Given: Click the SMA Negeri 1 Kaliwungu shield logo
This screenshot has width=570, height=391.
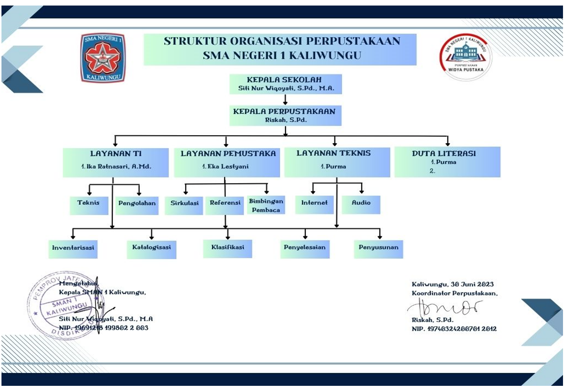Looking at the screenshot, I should click(103, 57).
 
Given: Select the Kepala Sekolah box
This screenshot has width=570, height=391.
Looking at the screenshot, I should click(286, 84).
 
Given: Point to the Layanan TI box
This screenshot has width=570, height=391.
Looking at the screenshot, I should click(116, 162).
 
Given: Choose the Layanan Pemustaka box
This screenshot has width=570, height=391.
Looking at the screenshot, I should click(227, 162).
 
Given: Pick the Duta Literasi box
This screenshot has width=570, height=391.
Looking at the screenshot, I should click(447, 162).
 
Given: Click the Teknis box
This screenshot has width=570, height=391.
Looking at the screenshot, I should click(89, 205).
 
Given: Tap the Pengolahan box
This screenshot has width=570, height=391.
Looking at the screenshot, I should click(137, 205).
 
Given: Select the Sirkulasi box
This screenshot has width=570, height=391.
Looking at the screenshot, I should click(185, 205).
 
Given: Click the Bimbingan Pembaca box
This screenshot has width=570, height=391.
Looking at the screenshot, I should click(266, 205).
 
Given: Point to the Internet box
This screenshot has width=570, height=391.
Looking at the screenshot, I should click(314, 205).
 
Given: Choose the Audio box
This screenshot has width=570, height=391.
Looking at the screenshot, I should click(361, 205).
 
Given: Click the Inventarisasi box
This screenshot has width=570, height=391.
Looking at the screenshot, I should click(73, 249).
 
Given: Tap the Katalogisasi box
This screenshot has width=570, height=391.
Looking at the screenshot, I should click(151, 249).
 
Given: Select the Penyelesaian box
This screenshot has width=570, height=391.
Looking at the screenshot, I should click(305, 249).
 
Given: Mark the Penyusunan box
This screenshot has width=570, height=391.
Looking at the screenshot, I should click(378, 249).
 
